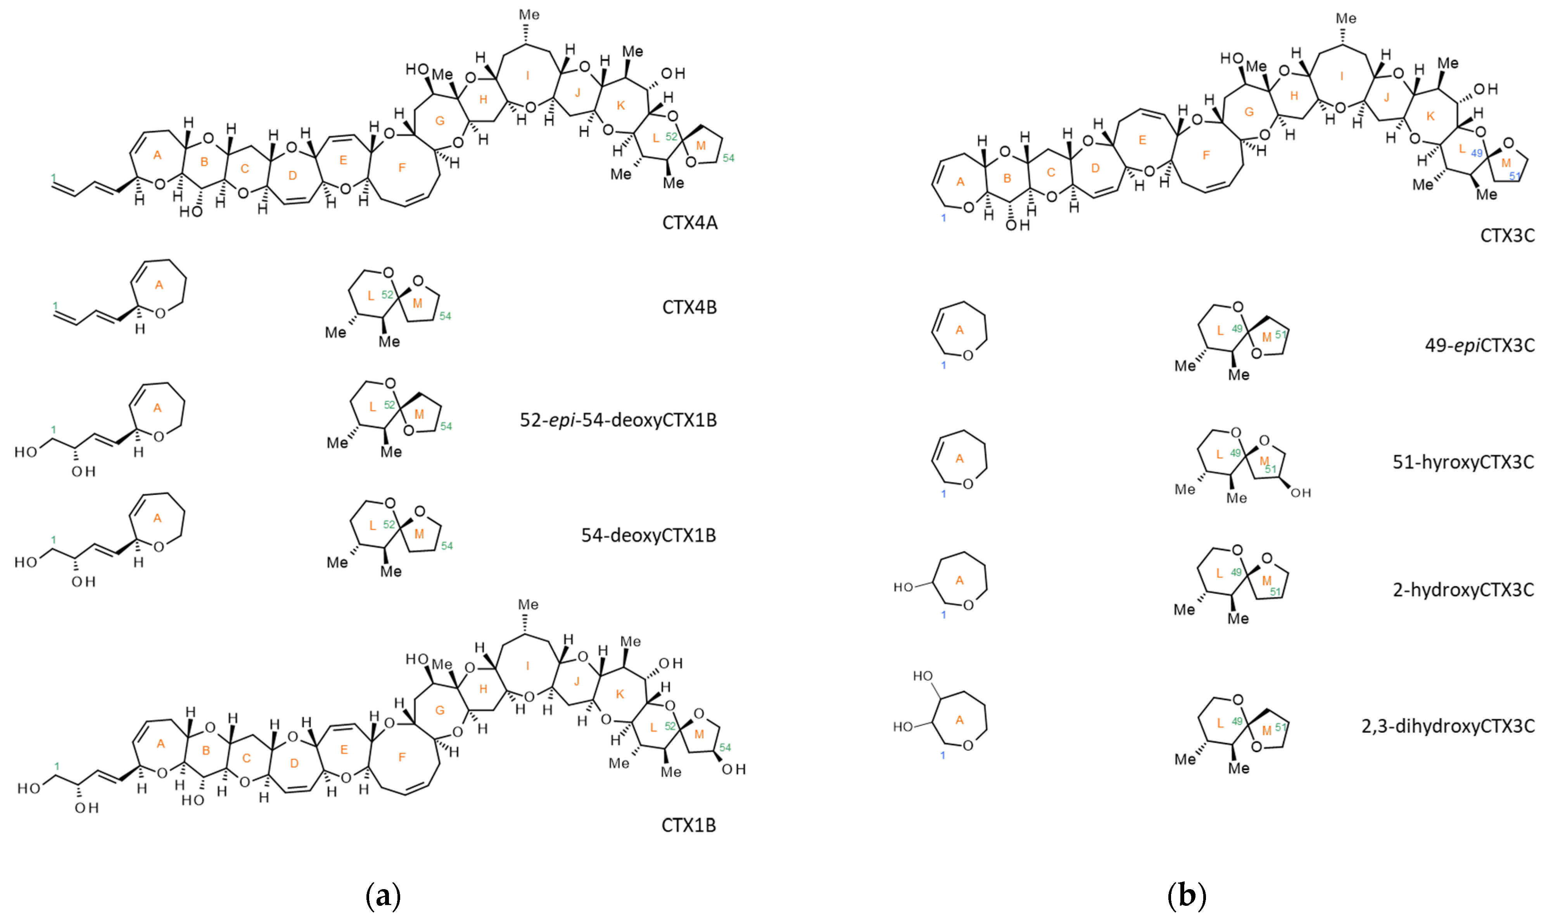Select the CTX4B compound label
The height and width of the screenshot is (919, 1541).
689,307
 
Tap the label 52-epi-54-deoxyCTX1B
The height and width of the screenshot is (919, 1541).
618,420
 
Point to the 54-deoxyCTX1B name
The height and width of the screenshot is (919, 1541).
648,535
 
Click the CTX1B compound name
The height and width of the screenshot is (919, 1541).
688,825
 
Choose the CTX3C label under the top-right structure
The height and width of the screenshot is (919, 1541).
1507,235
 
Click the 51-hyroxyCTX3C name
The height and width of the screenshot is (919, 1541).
1463,462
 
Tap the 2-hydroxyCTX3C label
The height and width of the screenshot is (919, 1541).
1463,590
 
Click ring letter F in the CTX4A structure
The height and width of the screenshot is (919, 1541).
402,168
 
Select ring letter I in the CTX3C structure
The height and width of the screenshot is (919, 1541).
1342,76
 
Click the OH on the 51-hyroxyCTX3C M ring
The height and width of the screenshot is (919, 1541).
1300,493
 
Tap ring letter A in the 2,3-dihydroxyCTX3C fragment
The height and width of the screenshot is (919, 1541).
959,720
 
